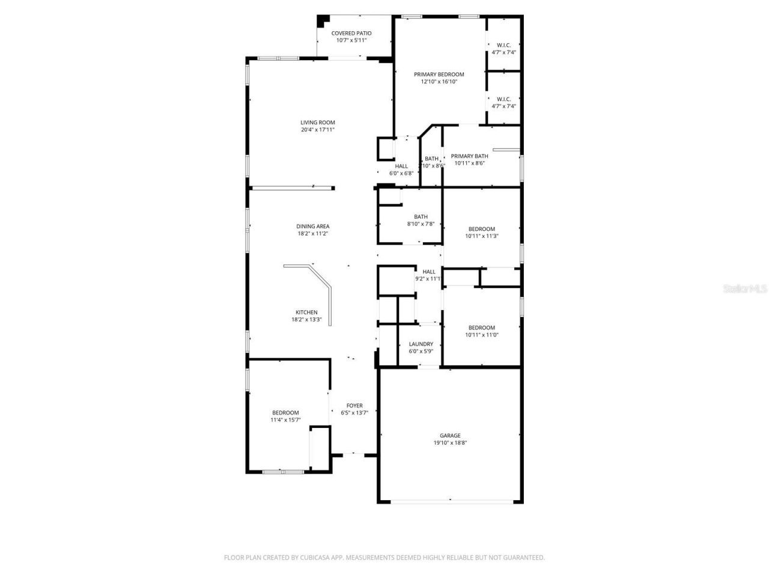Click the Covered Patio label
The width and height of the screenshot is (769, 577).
tap(351, 34)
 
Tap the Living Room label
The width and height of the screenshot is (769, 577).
tap(318, 123)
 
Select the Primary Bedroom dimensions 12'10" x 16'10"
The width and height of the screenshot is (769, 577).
tap(439, 82)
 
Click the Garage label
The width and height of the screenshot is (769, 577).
tap(450, 436)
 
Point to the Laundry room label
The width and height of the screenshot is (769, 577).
tap(421, 344)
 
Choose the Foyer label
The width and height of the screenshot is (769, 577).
tap(354, 406)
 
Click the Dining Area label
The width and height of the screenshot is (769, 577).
tap(313, 227)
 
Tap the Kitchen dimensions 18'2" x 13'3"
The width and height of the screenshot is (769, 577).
tap(306, 320)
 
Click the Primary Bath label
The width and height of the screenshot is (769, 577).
tap(469, 156)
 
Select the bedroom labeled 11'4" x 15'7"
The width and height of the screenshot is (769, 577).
tap(285, 417)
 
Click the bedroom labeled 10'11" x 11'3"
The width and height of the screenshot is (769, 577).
tap(481, 233)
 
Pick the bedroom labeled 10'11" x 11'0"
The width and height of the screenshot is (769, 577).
tap(481, 332)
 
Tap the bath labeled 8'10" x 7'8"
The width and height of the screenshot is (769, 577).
tap(421, 221)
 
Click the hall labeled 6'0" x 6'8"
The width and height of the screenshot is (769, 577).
tap(401, 169)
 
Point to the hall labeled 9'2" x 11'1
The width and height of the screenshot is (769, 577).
tap(428, 275)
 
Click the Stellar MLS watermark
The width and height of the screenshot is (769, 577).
tap(745, 288)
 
